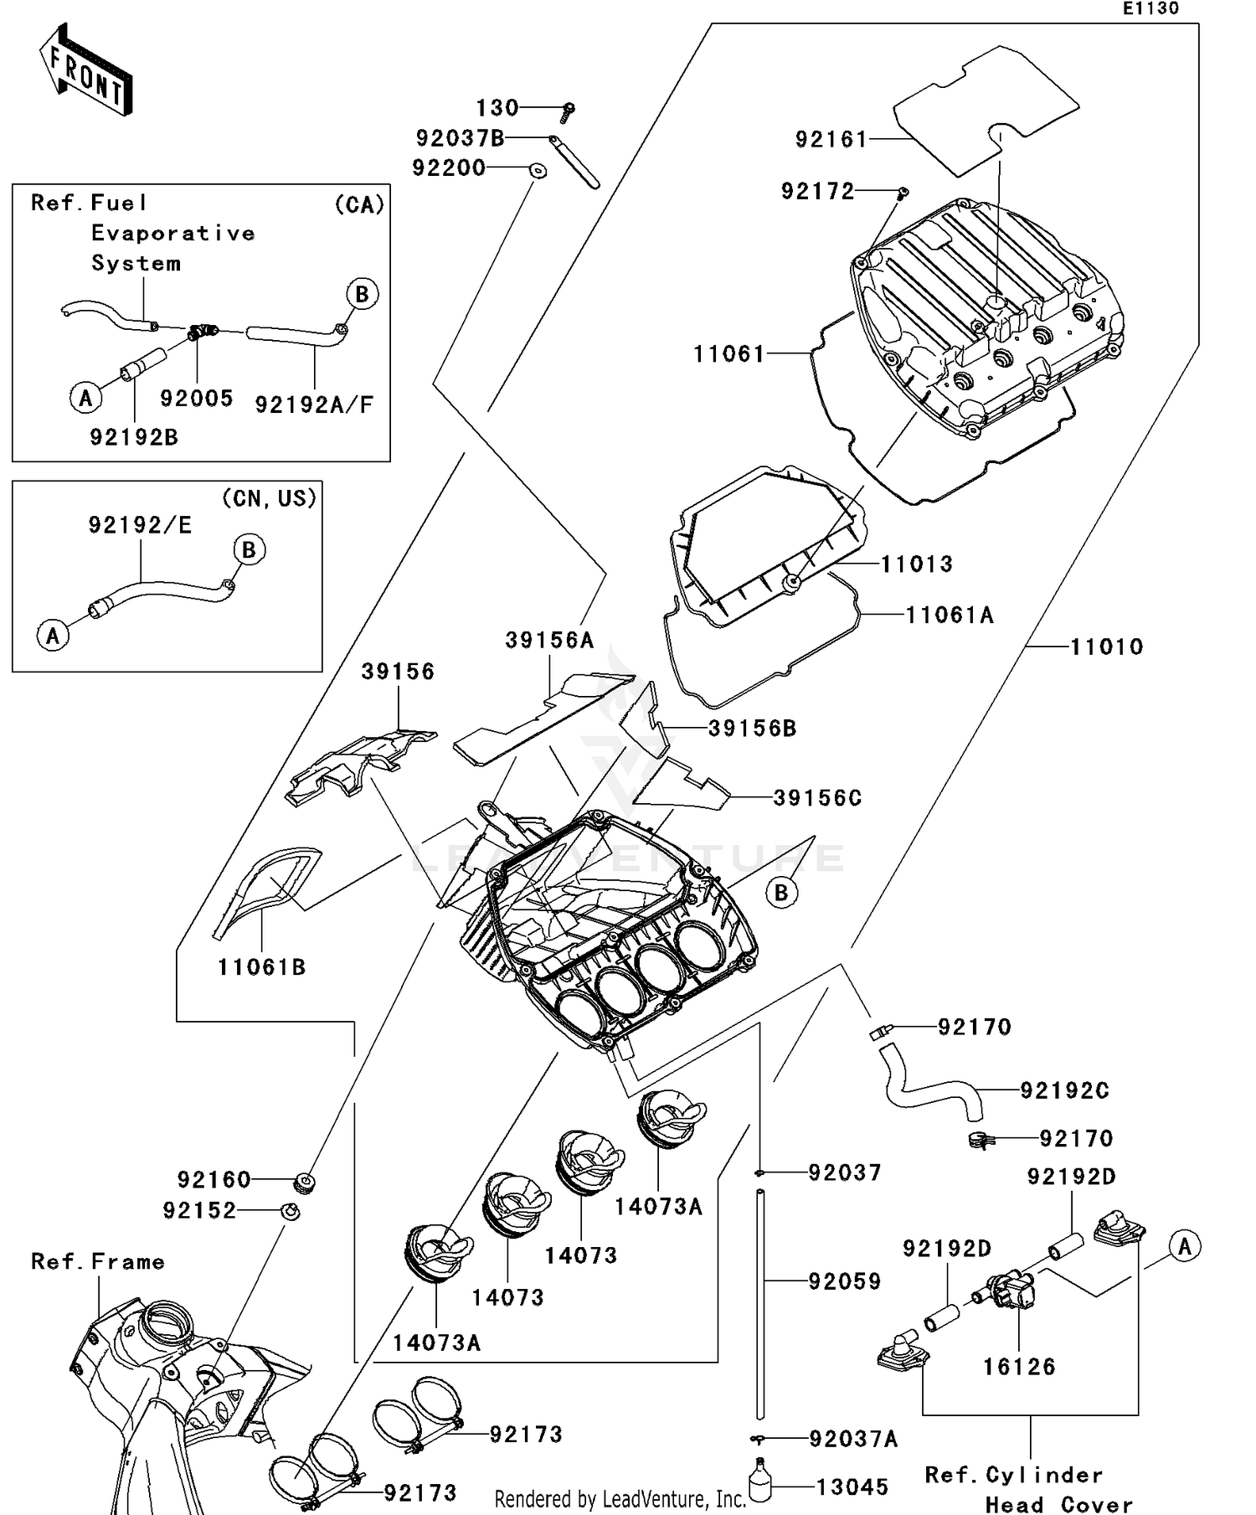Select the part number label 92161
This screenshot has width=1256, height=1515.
(x=831, y=140)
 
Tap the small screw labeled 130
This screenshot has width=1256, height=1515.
(x=569, y=111)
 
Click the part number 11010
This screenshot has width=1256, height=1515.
(x=1106, y=647)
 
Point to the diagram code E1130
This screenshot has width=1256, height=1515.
(x=1150, y=8)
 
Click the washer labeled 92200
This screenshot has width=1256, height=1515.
(x=538, y=171)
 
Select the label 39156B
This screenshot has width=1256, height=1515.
(x=752, y=729)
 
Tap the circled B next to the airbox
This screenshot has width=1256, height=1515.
(x=780, y=893)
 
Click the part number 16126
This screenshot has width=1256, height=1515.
(x=1018, y=1367)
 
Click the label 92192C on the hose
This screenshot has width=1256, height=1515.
(x=1064, y=1090)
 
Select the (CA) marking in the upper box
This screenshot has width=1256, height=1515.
(x=359, y=204)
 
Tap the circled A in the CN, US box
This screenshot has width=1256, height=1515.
(x=53, y=635)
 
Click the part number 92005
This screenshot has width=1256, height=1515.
(x=197, y=399)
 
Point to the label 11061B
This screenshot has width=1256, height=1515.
(x=261, y=967)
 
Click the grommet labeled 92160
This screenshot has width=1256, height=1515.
(x=306, y=1183)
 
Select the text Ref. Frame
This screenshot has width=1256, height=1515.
(x=98, y=1261)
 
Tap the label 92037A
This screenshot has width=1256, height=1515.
(x=852, y=1439)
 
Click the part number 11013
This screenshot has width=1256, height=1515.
(x=916, y=564)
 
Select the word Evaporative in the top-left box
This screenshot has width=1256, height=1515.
(x=172, y=234)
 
